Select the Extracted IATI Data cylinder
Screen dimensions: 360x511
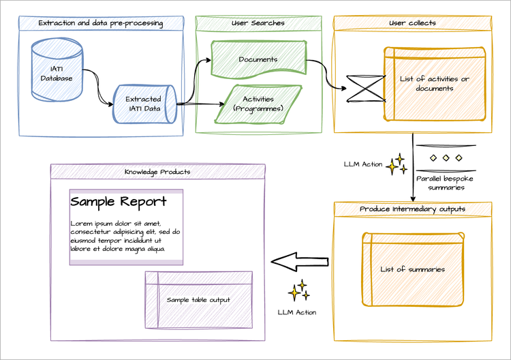[x=143, y=104]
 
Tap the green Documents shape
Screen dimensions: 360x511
[x=258, y=59]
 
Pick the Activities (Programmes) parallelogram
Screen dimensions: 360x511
[x=258, y=104]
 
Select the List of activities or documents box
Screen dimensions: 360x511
[x=435, y=84]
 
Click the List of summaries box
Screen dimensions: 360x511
[x=412, y=269]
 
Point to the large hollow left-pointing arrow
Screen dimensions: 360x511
[x=300, y=261]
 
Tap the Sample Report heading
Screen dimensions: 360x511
[x=118, y=202]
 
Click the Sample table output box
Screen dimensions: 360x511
[x=198, y=299]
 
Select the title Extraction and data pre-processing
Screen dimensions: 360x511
[x=100, y=23]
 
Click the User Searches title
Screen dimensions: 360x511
[x=258, y=23]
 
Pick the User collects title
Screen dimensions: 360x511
[x=412, y=23]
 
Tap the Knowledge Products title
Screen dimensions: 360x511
[x=157, y=172]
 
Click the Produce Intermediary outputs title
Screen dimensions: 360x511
[x=412, y=209]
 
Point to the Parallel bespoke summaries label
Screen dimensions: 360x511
[x=446, y=183]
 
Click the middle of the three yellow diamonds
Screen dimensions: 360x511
[x=446, y=158]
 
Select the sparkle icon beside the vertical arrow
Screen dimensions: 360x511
[x=396, y=164]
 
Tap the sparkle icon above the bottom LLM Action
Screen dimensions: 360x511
[x=298, y=291]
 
